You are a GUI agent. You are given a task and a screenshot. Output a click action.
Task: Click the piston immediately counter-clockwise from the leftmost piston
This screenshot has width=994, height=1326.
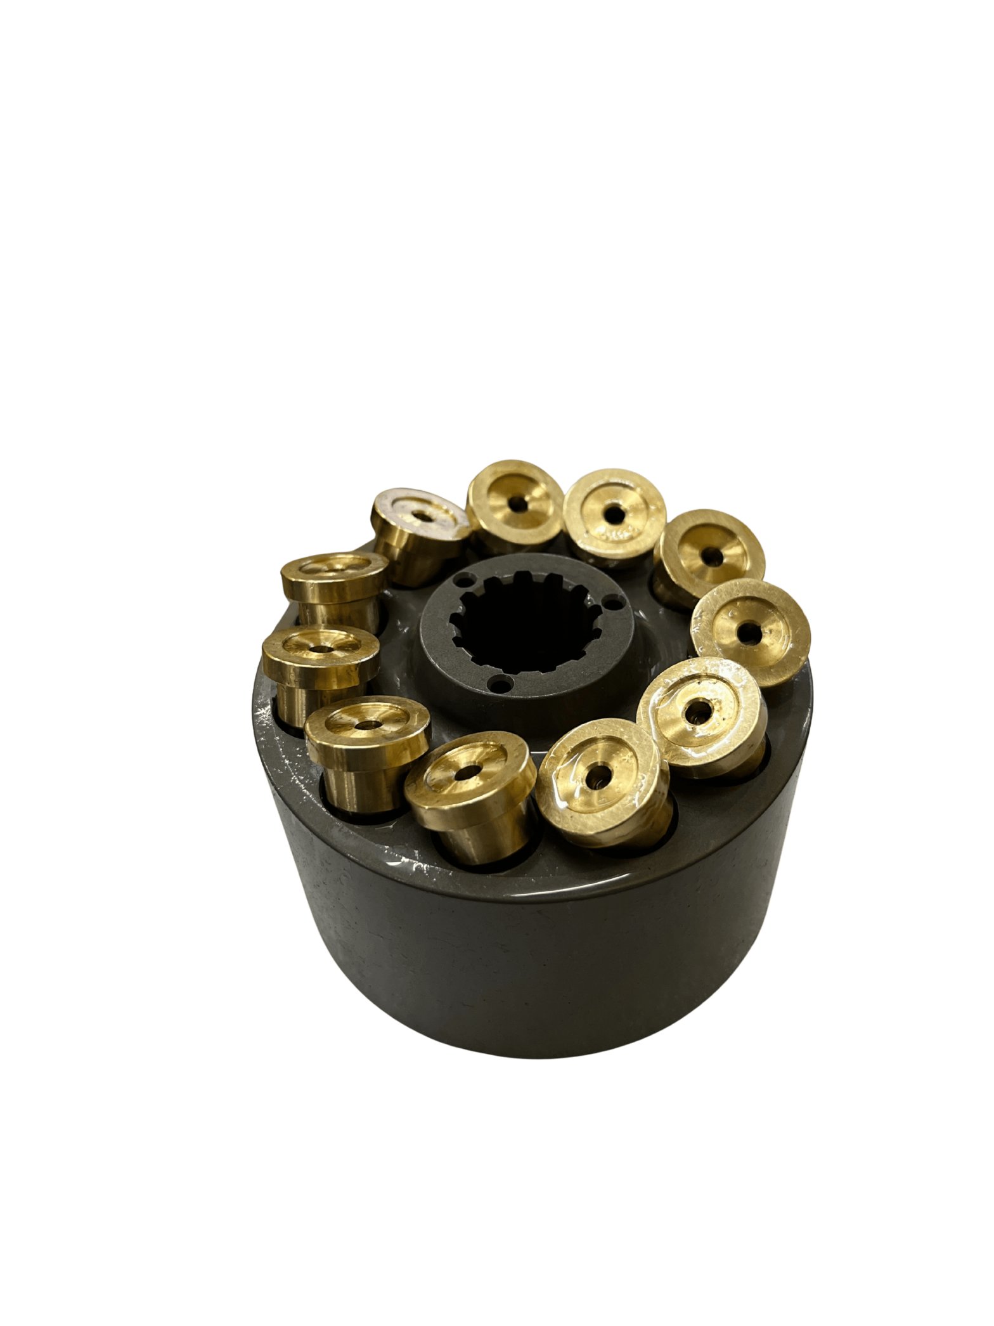(365, 729)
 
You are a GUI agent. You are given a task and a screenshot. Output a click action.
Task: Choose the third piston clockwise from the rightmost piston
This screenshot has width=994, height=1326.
(469, 774)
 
